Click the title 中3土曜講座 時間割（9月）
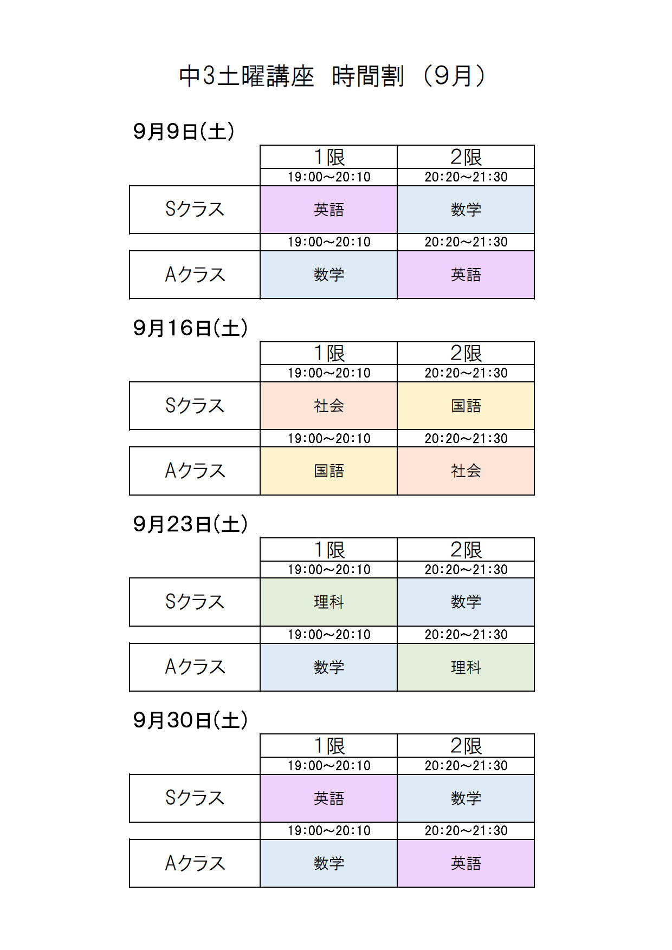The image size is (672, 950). coord(333,76)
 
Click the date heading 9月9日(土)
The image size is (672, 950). coord(184,132)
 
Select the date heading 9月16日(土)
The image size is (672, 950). coord(191,328)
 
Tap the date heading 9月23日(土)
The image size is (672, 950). coord(191,524)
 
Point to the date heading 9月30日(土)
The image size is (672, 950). coord(191,720)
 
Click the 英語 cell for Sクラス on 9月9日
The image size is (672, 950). coord(329,210)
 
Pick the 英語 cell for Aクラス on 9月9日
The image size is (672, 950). coord(466,275)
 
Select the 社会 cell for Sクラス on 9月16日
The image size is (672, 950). coord(329,406)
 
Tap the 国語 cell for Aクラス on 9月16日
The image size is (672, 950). coord(329,471)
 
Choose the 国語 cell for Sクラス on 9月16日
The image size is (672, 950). coord(466,406)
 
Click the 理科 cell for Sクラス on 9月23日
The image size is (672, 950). coord(329,602)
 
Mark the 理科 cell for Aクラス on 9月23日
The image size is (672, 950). coord(466,667)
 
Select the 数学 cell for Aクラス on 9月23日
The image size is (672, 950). coord(329,667)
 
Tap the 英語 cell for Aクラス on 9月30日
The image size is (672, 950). coord(466,863)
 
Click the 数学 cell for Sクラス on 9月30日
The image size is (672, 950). coord(466,798)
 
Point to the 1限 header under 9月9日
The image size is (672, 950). coord(329,157)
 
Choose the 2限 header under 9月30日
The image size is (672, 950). coord(466,746)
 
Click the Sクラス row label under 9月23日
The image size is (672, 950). coord(195,602)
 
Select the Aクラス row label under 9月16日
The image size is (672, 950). coord(195,471)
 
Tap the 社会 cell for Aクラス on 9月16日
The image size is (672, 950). coord(466,471)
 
